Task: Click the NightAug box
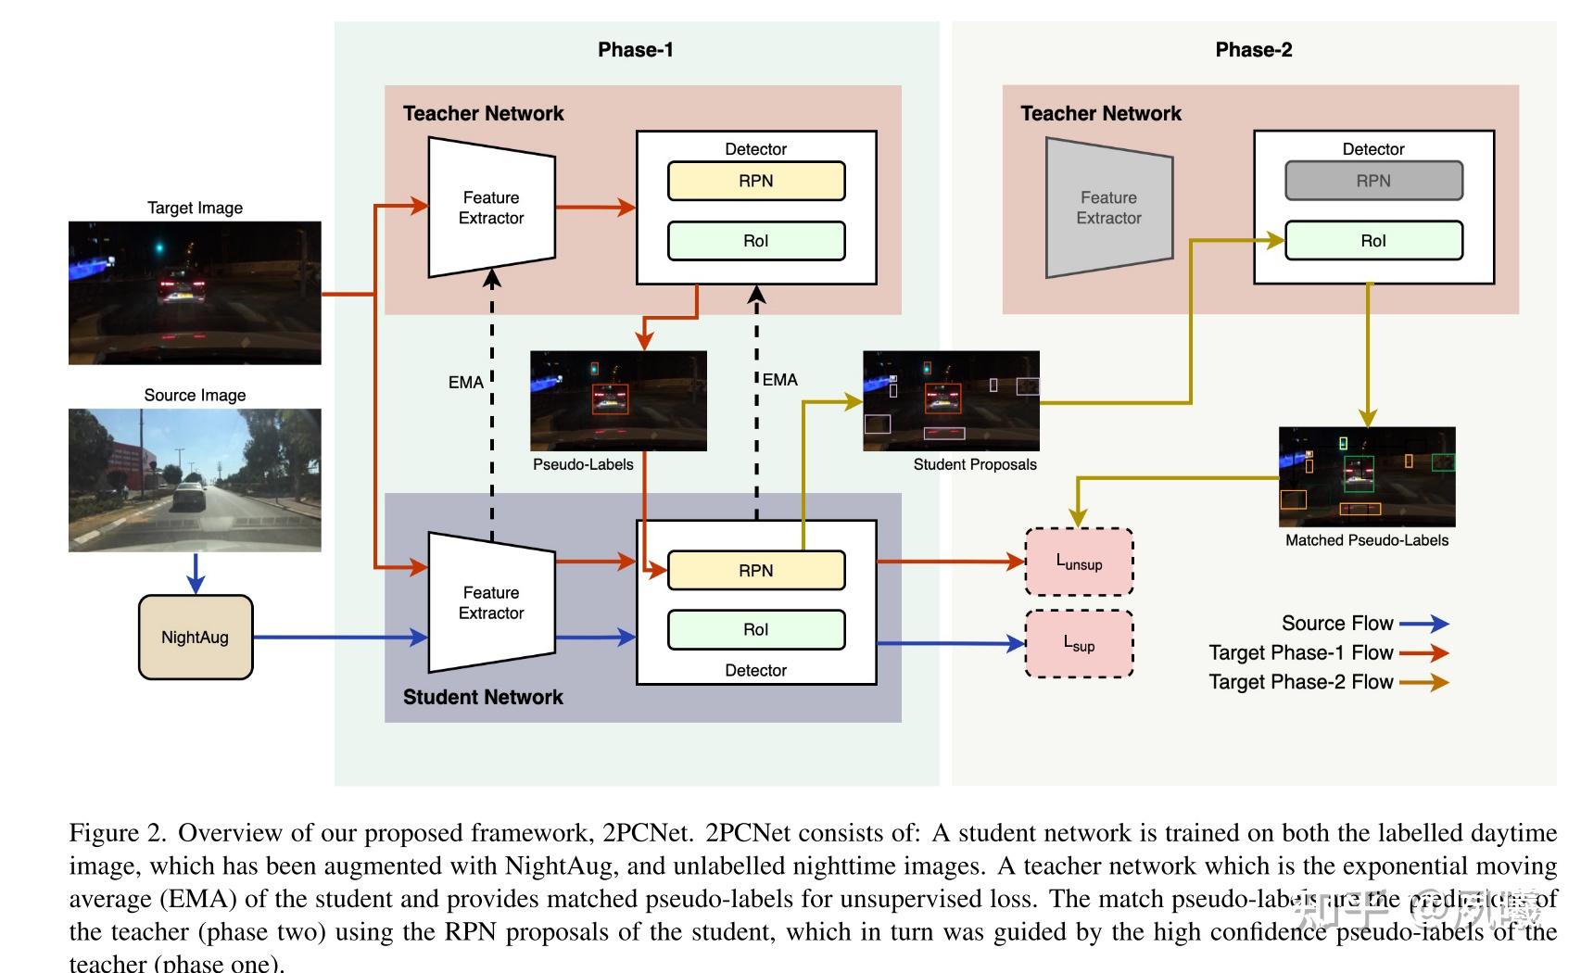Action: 196,638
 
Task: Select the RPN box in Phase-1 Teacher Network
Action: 756,182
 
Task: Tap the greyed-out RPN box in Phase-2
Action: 1373,182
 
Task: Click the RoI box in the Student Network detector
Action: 756,630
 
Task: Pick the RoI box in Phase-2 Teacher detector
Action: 1373,241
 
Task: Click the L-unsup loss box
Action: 1079,562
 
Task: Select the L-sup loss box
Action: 1079,644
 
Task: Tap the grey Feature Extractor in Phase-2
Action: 1109,208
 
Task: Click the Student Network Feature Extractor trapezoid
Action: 491,602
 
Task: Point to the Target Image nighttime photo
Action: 195,293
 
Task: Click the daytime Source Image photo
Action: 195,480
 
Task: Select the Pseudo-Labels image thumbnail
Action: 618,400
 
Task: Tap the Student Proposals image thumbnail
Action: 951,400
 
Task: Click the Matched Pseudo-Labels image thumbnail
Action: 1367,476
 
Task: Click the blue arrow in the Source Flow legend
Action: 1423,625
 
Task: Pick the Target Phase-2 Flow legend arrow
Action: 1423,683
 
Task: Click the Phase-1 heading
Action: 636,50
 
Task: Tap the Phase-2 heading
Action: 1253,50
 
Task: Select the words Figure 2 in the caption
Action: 118,833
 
